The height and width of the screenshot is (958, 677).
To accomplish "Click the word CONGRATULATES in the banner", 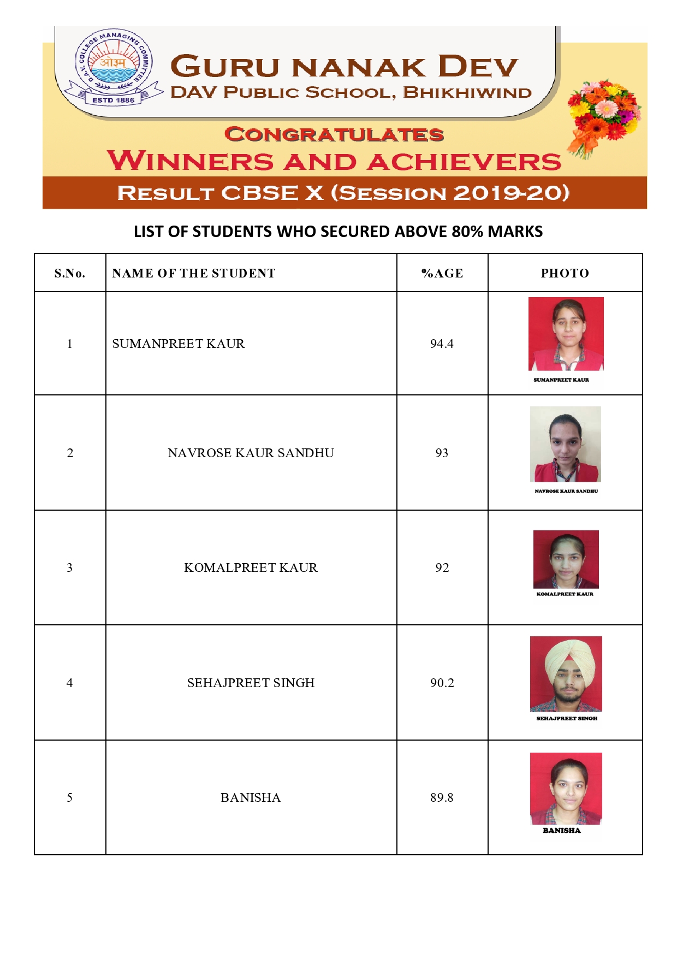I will [334, 134].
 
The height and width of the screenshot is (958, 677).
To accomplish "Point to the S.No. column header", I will [70, 273].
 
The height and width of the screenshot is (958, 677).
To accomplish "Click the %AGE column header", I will [442, 273].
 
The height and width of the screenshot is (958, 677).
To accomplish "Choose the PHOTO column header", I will [565, 273].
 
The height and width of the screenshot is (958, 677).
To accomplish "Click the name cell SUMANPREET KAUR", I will [179, 344].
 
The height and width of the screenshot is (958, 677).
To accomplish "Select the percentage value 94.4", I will [442, 344].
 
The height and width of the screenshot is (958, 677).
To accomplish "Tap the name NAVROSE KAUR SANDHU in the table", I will [251, 453].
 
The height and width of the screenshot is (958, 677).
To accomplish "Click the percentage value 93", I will [442, 453].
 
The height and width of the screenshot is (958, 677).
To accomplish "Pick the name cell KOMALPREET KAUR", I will [251, 567].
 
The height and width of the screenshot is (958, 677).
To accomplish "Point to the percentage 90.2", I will [442, 683].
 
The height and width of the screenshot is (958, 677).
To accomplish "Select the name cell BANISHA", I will [251, 797].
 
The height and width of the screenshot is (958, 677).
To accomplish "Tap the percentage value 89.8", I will [442, 797].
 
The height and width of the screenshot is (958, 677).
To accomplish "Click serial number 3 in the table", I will [70, 567].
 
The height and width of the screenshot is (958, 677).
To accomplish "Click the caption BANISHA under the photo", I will [562, 830].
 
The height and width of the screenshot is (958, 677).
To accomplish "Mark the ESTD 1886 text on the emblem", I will [113, 100].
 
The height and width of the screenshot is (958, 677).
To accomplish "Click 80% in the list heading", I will [467, 232].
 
